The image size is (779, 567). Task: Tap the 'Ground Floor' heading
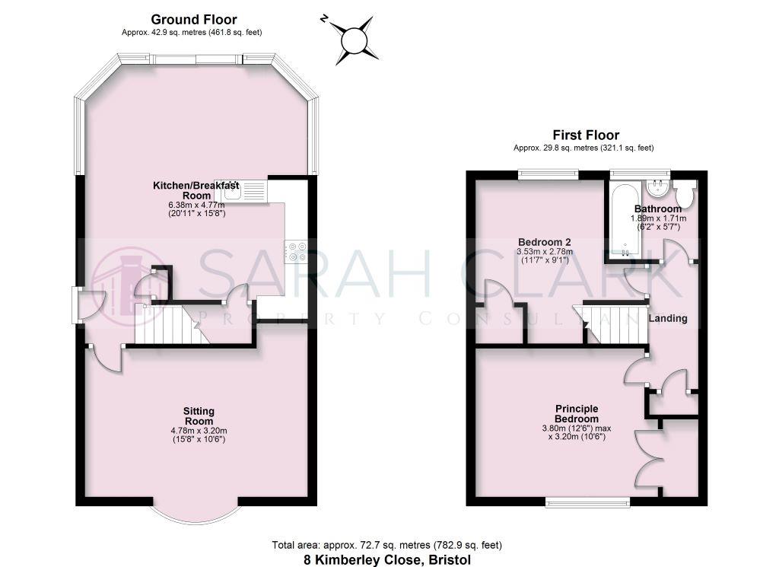[193, 20]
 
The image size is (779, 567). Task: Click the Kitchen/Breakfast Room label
[196, 190]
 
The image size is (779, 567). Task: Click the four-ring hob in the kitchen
[295, 251]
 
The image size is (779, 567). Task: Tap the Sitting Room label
[199, 416]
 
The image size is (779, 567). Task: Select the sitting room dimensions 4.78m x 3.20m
[199, 432]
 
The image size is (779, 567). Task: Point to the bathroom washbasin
[656, 189]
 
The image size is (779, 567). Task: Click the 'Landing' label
[667, 319]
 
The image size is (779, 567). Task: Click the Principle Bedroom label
[576, 413]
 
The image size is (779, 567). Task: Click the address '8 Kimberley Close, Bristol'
[387, 559]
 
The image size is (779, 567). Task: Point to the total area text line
[387, 545]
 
